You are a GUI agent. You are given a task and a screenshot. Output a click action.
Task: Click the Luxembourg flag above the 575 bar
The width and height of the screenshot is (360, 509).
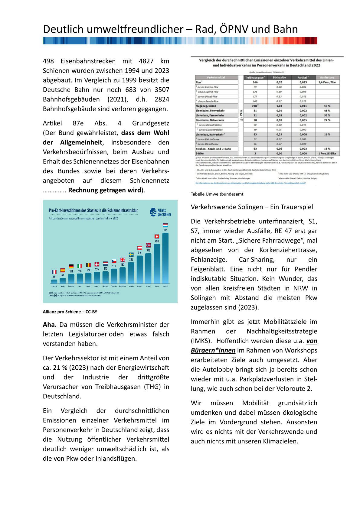point(165,225)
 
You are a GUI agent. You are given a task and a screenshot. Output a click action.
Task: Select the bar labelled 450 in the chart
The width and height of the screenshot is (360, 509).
point(157,263)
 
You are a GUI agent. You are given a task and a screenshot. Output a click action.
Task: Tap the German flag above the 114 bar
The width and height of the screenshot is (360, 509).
point(71,266)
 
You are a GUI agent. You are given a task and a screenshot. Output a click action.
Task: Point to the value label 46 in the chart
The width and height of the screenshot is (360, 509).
point(54,277)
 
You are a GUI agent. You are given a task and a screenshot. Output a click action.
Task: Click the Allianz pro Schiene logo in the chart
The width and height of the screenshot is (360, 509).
point(161,212)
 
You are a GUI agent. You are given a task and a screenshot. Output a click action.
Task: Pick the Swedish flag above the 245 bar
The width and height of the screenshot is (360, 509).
point(131,254)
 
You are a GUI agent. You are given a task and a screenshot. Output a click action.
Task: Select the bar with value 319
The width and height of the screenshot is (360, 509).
point(140,269)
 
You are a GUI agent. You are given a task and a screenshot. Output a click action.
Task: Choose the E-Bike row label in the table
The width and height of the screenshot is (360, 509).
point(200,154)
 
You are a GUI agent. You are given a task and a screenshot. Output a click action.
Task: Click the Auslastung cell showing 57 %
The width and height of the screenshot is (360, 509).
point(327,106)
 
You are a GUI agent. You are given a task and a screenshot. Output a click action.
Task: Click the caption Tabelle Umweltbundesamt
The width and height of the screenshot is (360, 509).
point(217,194)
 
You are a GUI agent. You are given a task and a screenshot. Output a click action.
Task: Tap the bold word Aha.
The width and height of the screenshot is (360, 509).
point(50,325)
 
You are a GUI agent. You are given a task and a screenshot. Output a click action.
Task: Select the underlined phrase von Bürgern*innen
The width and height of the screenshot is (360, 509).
point(254,345)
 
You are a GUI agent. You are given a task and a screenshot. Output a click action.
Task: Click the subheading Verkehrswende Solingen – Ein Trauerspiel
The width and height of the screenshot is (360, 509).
point(252,207)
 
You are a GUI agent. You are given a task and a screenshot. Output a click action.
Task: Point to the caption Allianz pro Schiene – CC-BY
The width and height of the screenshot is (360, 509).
point(70,312)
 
